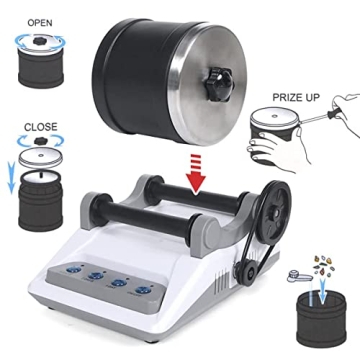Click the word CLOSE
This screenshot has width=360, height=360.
(36, 127)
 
